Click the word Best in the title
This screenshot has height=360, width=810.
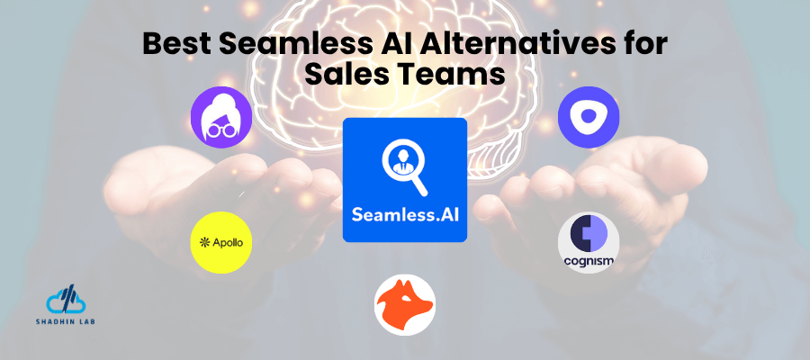(176, 45)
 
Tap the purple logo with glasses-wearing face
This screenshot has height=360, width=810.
(220, 118)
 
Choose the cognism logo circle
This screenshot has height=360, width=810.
(589, 242)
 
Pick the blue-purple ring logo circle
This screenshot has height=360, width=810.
(589, 118)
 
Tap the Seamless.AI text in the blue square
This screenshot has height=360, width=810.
(405, 217)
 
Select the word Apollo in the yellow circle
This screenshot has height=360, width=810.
(227, 243)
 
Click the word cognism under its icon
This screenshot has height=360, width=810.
(589, 262)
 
